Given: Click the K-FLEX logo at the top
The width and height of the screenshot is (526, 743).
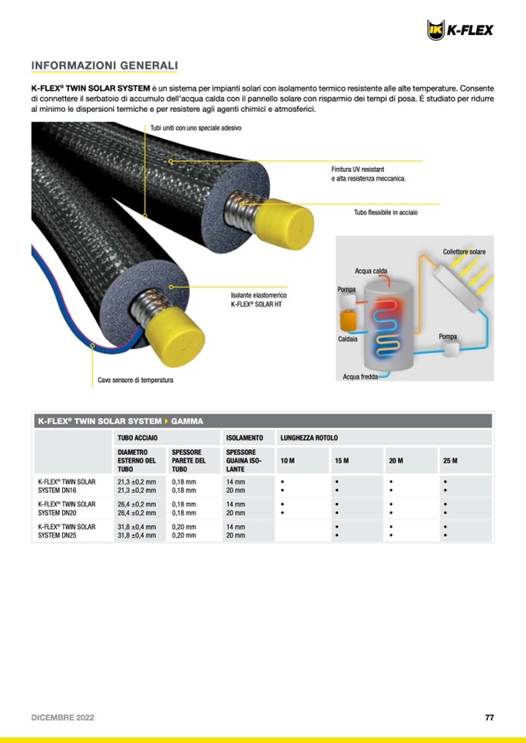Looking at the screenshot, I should (x=460, y=30).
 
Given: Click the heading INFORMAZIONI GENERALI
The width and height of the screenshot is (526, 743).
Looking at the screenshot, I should (x=105, y=65).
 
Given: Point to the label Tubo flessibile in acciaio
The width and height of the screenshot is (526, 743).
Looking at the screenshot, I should (x=386, y=212).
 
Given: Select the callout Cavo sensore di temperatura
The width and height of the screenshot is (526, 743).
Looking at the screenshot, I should (x=135, y=380).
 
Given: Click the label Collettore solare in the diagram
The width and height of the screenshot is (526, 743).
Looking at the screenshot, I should (x=464, y=252).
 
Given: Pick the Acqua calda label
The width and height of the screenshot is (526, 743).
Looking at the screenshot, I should (x=371, y=271).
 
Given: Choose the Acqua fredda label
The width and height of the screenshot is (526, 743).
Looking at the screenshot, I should (x=361, y=377).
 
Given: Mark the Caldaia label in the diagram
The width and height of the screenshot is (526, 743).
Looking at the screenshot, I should (x=348, y=339).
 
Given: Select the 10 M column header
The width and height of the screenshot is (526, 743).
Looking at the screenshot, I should (x=287, y=461).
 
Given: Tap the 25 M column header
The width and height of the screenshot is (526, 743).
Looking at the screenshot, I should (x=450, y=461).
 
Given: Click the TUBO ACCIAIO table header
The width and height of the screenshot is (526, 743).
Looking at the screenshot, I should (x=137, y=438).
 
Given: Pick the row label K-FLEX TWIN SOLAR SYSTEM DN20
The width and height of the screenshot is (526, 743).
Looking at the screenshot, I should (x=67, y=508).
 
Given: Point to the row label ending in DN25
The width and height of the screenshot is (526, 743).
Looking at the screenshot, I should (x=67, y=531).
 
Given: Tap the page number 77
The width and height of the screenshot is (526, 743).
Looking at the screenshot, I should (x=489, y=717).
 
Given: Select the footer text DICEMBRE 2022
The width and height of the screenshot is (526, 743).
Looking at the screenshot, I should (x=63, y=717).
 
